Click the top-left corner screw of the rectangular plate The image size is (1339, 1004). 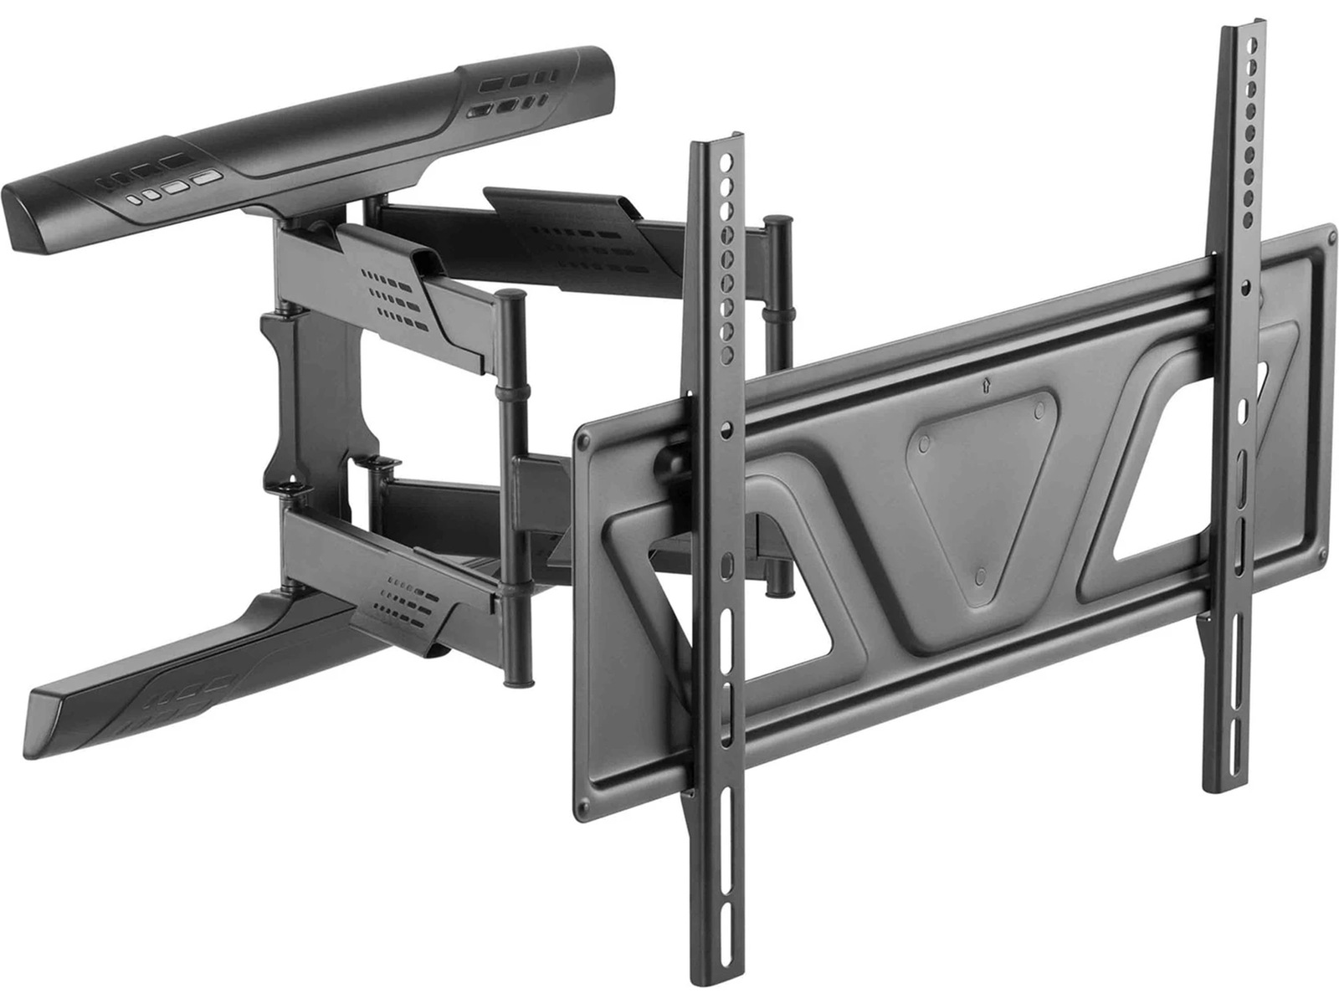coord(582,437)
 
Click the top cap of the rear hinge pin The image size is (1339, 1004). coord(778,222)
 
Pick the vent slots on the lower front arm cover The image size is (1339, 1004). coord(405,607)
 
